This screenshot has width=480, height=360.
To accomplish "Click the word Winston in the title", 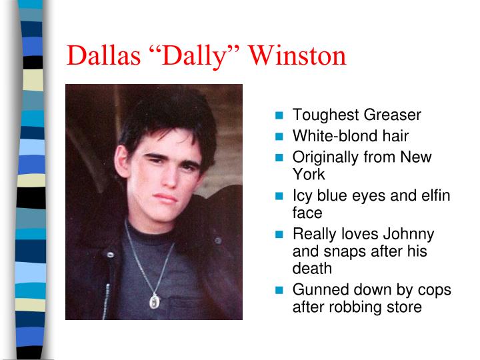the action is point(297,55).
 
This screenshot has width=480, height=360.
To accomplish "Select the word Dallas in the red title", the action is point(103,55).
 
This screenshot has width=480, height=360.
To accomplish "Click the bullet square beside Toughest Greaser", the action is point(279,115).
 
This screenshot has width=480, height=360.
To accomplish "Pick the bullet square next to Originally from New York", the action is point(279,157).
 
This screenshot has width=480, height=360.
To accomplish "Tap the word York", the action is point(309,175).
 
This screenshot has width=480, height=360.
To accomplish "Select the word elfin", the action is point(435,195).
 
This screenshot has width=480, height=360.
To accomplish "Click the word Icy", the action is point(302,196).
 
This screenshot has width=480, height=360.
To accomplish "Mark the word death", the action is point(312,268).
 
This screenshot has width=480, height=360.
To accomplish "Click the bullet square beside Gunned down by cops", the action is point(279,290).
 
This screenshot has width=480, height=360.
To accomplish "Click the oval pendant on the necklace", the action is point(155,301).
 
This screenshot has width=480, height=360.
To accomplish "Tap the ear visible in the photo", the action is point(121,161).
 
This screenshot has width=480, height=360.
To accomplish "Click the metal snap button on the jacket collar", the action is point(110,255).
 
